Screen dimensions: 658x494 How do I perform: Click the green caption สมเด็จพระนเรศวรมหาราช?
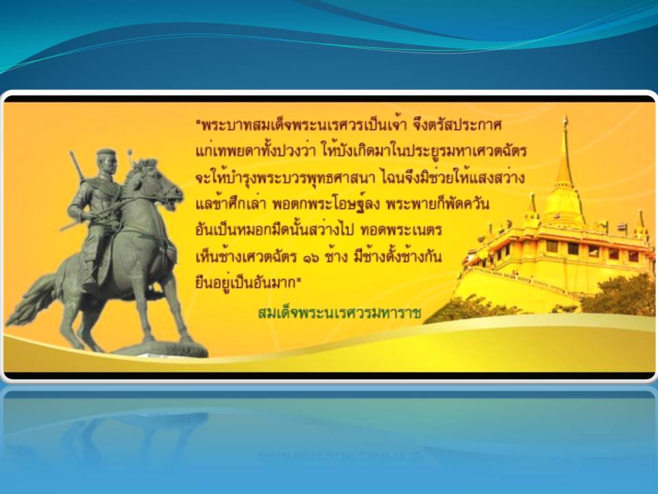pyautogui.click(x=339, y=313)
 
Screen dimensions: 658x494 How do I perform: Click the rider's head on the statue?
pyautogui.click(x=106, y=162)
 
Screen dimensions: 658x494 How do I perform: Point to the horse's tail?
pyautogui.click(x=34, y=299)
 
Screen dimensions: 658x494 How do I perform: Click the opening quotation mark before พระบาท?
pyautogui.click(x=199, y=122)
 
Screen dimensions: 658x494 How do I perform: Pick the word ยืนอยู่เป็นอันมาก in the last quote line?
pyautogui.click(x=247, y=281)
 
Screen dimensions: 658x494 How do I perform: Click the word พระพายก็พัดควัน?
pyautogui.click(x=437, y=204)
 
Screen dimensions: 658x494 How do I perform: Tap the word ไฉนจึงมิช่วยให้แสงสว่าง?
pyautogui.click(x=453, y=178)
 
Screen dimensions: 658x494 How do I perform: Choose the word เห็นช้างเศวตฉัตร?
pyautogui.click(x=246, y=256)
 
